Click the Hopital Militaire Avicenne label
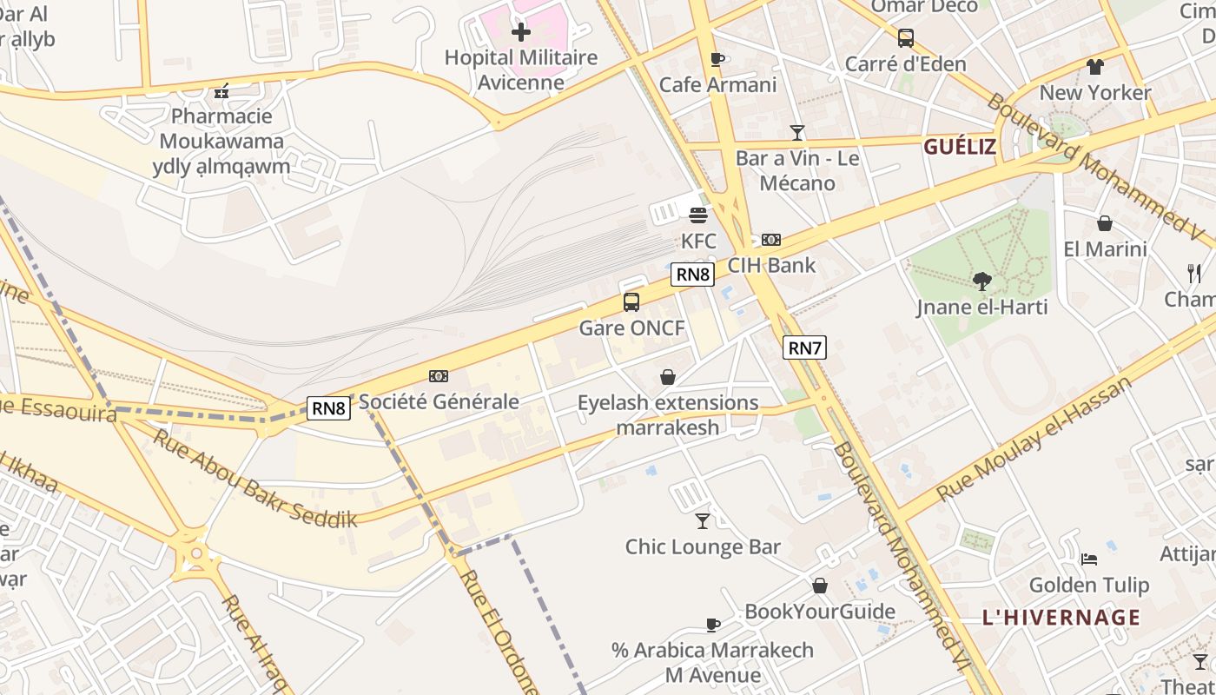pos(521,70)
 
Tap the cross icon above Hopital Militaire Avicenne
pos(521,33)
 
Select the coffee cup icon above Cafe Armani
pos(717,59)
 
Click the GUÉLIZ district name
pos(960,147)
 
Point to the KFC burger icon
pos(698,215)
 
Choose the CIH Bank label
pos(771,265)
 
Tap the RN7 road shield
pos(803,348)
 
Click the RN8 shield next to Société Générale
pos(329,408)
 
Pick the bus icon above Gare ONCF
pos(631,302)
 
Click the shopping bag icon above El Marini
pos(1105,223)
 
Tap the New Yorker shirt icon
pos(1094,67)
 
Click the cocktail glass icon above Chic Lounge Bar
pos(703,521)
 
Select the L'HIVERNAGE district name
pos(1061,618)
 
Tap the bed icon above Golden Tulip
pos(1089,559)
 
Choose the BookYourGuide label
pos(820,612)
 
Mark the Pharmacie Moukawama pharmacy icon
pos(221,90)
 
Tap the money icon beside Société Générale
pos(439,376)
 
